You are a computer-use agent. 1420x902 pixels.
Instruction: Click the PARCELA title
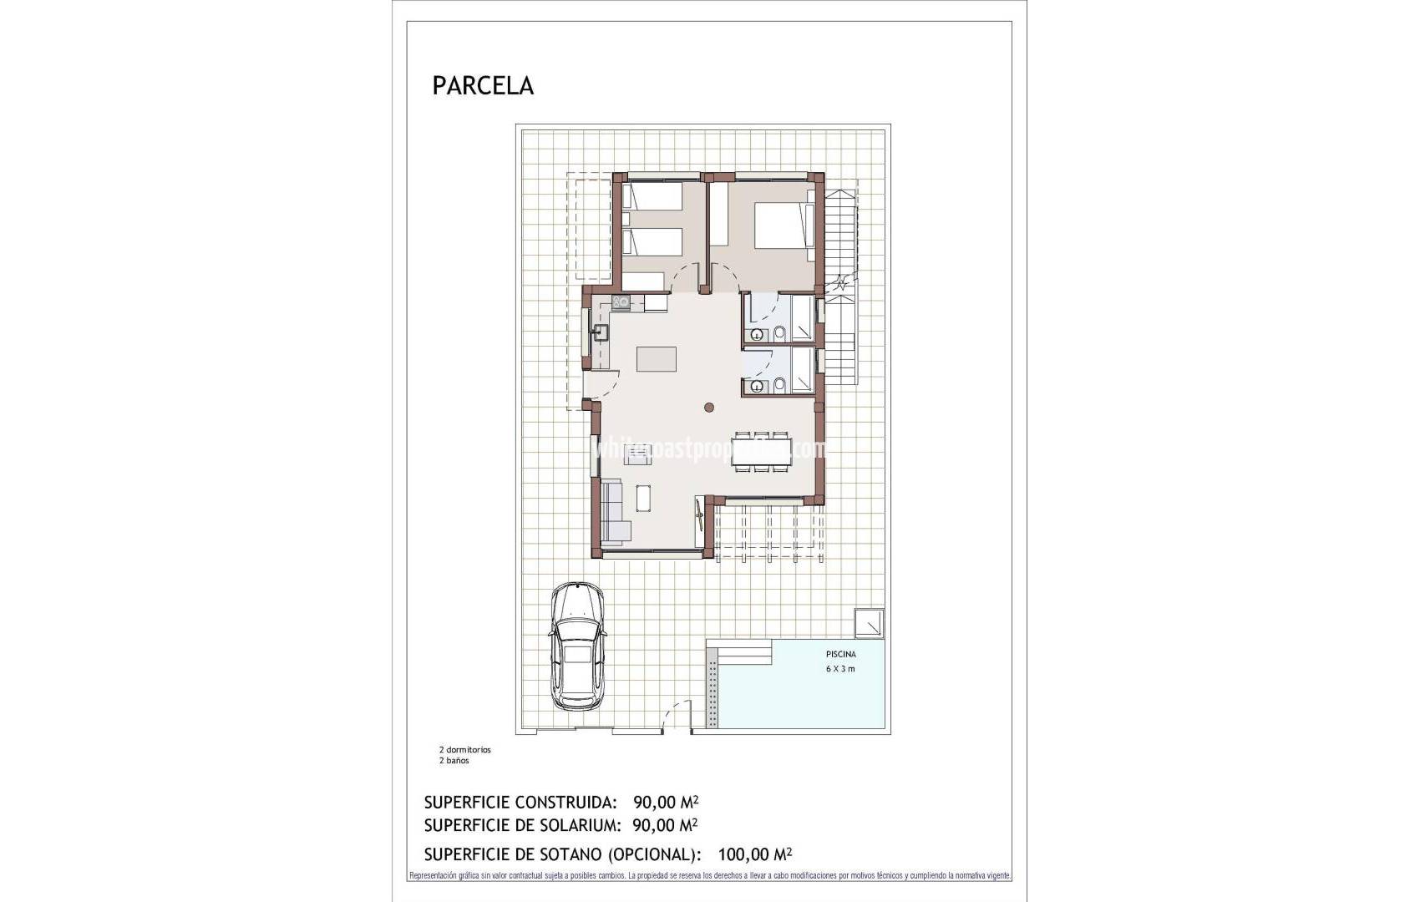tap(483, 86)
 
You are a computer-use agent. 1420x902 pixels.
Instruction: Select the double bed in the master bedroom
tap(784, 226)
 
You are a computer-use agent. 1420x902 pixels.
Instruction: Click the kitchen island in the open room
tap(657, 358)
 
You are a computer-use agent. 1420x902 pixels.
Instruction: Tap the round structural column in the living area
tap(708, 408)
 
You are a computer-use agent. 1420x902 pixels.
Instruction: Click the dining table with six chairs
tap(760, 452)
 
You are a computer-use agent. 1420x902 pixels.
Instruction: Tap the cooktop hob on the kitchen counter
tap(621, 303)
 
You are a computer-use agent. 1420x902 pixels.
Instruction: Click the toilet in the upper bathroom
tap(779, 335)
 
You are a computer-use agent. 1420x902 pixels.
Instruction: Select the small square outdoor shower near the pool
tap(869, 623)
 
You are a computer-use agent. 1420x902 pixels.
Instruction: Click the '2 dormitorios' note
tap(465, 750)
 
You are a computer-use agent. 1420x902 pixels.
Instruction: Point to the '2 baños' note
tap(454, 761)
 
